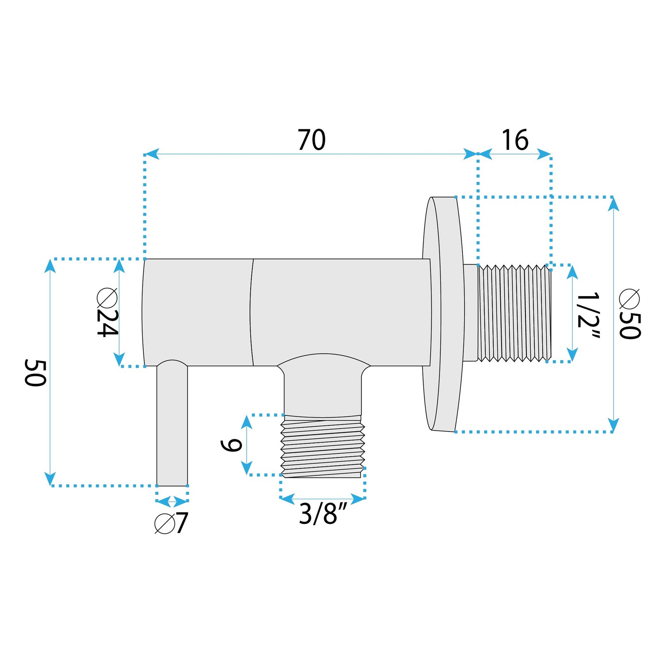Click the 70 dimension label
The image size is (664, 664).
312,140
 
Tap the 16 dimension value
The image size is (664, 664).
515,140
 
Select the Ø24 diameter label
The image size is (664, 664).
108,312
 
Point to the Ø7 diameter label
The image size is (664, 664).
171,523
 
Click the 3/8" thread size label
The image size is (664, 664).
324,513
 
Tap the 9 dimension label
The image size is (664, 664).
231,445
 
